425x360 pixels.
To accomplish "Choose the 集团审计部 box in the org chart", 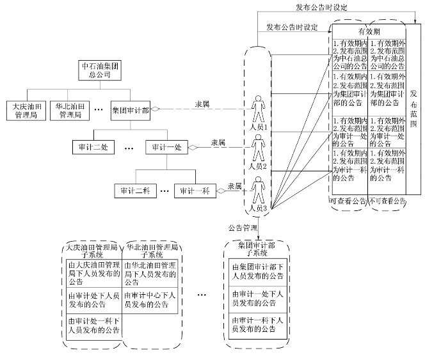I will click(130, 109).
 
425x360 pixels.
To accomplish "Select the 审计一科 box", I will click(195, 191).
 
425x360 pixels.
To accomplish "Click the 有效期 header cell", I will click(369, 31).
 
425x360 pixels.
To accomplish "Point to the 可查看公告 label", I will click(348, 201).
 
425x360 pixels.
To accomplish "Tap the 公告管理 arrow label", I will click(243, 228).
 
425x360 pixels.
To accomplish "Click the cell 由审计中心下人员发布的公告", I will click(150, 300).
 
